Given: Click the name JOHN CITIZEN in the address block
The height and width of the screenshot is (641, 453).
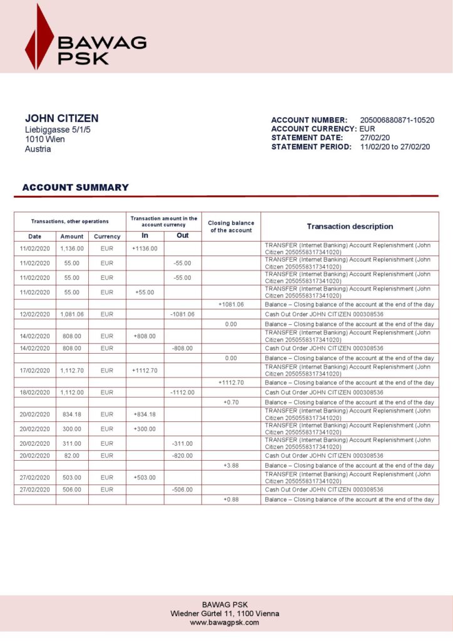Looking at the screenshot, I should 61,118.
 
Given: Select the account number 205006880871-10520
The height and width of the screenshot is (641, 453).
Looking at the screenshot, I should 397,120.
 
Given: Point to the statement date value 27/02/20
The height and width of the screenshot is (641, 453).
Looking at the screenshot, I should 375,138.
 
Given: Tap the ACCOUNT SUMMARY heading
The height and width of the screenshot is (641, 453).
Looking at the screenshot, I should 75,187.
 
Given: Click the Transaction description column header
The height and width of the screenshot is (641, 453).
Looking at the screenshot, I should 350,227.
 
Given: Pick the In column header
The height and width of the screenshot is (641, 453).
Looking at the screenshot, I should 145,236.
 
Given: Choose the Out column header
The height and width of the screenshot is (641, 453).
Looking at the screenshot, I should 183,236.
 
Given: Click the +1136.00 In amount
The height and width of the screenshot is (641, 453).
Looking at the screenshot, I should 145,249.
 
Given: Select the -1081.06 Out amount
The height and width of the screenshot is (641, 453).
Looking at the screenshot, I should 183,314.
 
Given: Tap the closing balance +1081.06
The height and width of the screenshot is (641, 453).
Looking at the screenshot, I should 231,304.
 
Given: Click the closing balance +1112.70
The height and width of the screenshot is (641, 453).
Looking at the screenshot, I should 231,382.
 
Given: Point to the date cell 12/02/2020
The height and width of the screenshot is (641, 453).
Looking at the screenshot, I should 34,314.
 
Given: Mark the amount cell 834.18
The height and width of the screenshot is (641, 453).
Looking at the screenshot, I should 72,414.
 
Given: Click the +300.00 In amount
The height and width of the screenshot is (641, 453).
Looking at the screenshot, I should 145,429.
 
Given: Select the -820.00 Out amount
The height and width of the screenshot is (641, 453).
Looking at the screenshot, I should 183,456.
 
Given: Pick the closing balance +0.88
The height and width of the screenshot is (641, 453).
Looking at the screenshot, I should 231,500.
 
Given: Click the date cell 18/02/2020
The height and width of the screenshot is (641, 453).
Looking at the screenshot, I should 34,392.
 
